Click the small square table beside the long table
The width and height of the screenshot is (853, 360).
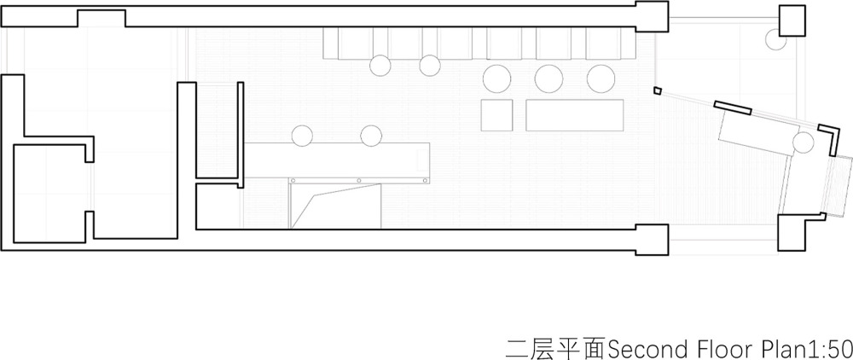click(x=497, y=115)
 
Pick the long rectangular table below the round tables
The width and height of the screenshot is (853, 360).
click(x=574, y=115)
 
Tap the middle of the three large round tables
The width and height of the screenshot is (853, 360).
click(x=548, y=78)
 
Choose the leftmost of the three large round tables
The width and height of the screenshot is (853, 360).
click(x=496, y=78)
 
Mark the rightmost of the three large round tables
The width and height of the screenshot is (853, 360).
click(x=601, y=78)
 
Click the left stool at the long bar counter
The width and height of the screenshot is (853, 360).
click(x=302, y=136)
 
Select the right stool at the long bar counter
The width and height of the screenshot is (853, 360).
click(x=371, y=136)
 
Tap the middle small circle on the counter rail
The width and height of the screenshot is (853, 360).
click(x=358, y=181)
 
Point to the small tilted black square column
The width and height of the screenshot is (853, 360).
click(x=658, y=90)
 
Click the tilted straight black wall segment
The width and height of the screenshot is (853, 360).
click(x=732, y=107)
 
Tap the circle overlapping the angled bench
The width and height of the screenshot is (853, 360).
click(x=803, y=143)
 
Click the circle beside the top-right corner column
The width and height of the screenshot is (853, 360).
click(x=775, y=39)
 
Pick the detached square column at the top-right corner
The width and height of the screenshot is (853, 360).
click(x=792, y=20)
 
